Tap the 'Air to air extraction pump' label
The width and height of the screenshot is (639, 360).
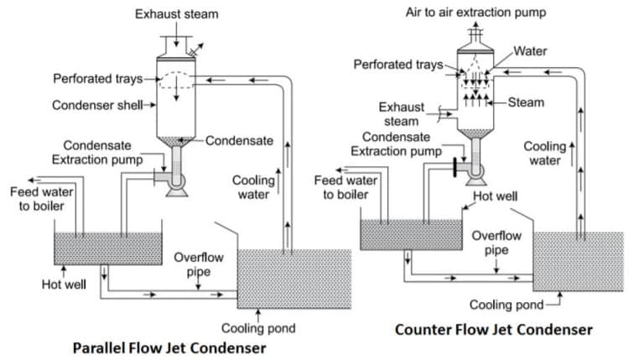point(475,13)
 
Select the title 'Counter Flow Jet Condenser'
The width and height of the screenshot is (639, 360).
point(493,329)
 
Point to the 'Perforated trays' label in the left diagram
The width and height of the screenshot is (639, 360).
point(99,79)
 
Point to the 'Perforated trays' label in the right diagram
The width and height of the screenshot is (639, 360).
point(397,65)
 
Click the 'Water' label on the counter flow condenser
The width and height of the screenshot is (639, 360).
point(530,51)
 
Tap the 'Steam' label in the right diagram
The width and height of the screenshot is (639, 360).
point(527,102)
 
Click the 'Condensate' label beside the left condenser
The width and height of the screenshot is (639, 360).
point(239,140)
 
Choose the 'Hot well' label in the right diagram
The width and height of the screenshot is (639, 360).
point(496,197)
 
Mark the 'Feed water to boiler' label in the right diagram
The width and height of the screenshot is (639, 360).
point(346,187)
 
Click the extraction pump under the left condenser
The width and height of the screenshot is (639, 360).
point(177,180)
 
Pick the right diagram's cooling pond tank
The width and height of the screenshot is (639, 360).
point(578,261)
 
